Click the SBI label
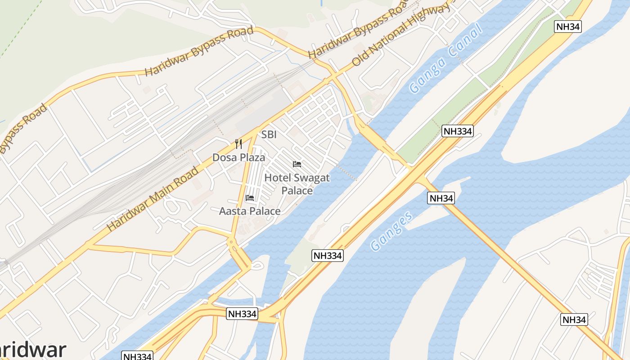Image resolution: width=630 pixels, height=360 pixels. tap(269, 135)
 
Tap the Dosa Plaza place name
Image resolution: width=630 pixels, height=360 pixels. tap(238, 157)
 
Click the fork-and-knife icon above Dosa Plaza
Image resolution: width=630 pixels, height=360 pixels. tap(238, 144)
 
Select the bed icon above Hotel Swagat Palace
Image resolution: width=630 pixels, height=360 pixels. tap(297, 164)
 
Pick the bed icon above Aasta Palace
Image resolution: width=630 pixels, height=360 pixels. tap(250, 198)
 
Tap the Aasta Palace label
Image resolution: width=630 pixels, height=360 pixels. tap(250, 211)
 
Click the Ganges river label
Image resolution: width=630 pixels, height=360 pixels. tap(391, 231)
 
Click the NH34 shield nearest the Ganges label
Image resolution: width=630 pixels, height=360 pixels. tap(441, 198)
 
